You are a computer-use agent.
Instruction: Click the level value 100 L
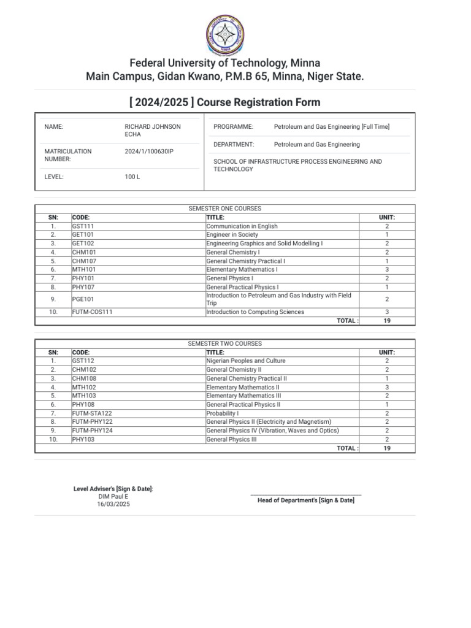click(132, 177)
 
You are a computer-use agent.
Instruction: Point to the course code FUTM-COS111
click(93, 312)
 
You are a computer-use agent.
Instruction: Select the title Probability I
click(222, 413)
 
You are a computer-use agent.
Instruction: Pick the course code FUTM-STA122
click(92, 413)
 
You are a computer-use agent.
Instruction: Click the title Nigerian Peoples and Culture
click(245, 361)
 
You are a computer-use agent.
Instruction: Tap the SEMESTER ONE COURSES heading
click(225, 209)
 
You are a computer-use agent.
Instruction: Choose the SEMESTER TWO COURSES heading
click(225, 344)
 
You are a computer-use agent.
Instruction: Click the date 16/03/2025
click(113, 504)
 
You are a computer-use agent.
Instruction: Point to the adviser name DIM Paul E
click(113, 496)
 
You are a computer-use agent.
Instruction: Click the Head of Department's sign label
click(305, 500)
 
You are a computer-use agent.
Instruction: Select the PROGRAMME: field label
click(233, 126)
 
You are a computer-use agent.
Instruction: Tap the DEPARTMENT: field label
click(234, 145)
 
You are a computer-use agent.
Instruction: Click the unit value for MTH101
click(386, 269)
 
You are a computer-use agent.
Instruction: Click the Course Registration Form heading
click(235, 102)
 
